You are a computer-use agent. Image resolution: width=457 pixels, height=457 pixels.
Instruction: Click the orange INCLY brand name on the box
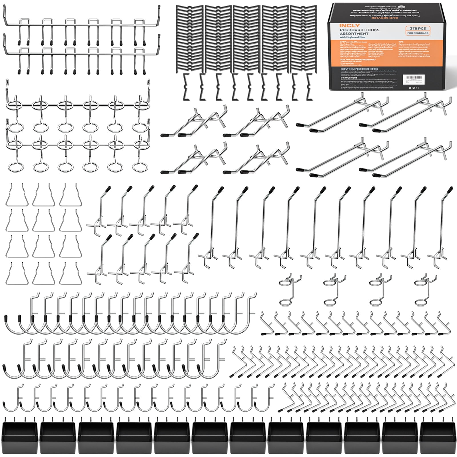click(x=346, y=26)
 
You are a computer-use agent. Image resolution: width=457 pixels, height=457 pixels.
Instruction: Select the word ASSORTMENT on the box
click(x=354, y=34)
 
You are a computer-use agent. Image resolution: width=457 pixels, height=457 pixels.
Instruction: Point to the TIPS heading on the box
click(x=401, y=42)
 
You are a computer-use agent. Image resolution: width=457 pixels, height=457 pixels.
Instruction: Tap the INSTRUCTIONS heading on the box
click(x=349, y=78)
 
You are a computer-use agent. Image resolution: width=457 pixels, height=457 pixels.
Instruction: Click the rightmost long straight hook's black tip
click(x=450, y=189)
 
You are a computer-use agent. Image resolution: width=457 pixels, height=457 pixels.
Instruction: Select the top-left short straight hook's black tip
click(x=108, y=189)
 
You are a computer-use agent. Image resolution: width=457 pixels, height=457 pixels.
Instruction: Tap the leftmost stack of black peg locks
click(x=189, y=39)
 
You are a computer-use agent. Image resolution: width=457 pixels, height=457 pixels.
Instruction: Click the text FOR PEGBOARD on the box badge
click(x=418, y=33)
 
